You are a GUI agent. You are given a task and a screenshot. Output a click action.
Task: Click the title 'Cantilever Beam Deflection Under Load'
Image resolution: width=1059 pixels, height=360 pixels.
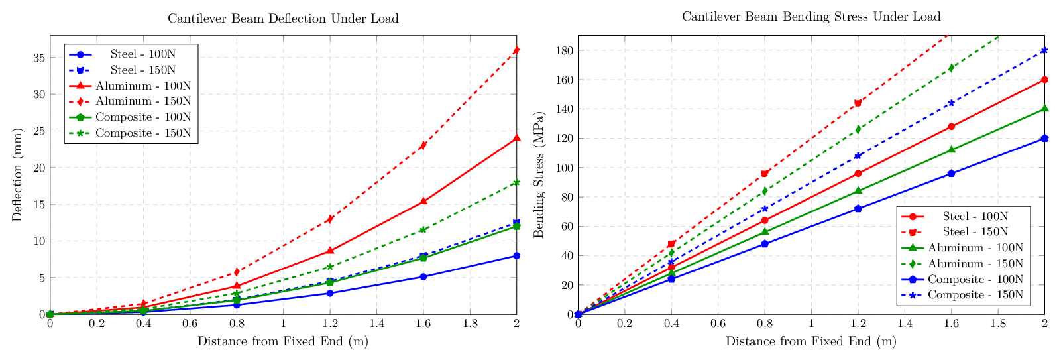[x=283, y=19]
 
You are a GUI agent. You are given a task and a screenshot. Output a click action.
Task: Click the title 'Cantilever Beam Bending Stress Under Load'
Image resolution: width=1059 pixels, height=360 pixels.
[x=811, y=17]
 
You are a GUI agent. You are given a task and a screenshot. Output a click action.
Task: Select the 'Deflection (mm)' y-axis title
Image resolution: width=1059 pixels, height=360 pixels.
[x=17, y=174]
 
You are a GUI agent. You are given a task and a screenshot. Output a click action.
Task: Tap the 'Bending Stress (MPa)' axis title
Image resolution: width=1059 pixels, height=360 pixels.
[x=539, y=174]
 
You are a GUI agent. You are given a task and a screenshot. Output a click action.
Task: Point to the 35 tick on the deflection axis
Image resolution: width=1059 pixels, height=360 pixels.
[x=38, y=58]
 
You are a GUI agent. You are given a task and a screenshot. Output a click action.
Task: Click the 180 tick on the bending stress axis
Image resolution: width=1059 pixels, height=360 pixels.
[x=565, y=50]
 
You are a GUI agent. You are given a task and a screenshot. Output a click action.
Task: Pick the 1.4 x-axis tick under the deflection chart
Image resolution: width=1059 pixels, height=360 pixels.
[x=376, y=324]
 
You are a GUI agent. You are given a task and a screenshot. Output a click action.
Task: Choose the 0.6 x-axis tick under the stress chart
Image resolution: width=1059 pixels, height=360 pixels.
[x=718, y=324]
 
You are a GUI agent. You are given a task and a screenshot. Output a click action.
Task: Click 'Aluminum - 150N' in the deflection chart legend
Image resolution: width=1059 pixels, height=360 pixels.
[x=143, y=101]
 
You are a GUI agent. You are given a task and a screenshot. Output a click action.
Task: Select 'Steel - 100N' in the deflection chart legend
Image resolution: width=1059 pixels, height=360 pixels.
[x=143, y=54]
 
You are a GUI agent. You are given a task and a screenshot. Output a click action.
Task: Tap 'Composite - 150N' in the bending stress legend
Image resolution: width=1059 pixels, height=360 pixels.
[x=975, y=295]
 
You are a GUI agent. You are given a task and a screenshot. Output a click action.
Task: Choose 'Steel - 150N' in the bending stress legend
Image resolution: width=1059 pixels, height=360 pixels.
[x=975, y=232]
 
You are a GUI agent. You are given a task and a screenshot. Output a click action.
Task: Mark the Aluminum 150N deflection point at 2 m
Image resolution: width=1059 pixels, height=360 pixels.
[x=516, y=50]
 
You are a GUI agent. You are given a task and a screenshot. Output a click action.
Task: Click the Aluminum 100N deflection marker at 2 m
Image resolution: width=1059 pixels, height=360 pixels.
[x=516, y=138]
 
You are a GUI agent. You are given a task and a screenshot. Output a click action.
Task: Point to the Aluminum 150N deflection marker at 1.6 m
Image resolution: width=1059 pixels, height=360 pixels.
[x=423, y=145]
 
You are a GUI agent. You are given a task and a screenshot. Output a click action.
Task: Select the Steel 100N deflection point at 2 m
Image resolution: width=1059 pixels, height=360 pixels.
[x=516, y=255]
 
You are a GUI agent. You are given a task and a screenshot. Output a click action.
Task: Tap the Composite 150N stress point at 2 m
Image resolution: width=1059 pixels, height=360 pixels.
[x=1044, y=50]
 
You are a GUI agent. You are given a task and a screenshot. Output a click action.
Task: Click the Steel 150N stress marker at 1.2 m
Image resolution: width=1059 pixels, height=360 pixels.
[x=858, y=103]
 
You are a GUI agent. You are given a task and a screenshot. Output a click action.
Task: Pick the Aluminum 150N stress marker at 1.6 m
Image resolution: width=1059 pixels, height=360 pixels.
[x=951, y=68]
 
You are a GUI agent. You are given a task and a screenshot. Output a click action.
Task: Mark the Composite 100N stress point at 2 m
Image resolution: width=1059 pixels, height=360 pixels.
[x=1044, y=138]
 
